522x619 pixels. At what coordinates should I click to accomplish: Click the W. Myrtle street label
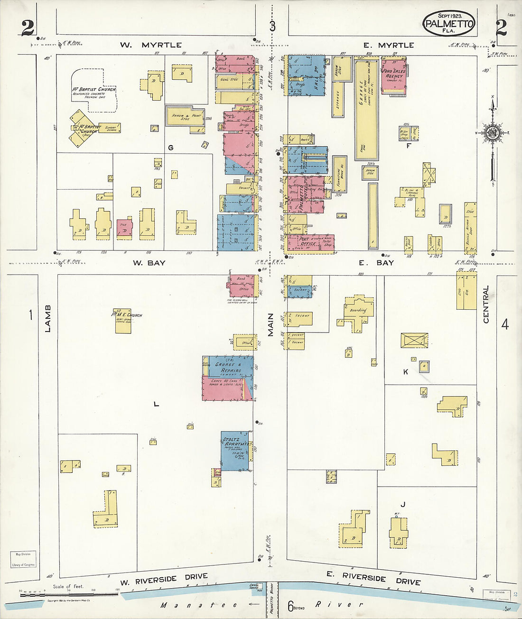pos(150,45)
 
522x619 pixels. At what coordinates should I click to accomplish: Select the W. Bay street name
pos(149,262)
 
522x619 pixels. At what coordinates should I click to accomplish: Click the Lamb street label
pos(48,318)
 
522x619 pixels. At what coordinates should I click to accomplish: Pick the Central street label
pos(486,305)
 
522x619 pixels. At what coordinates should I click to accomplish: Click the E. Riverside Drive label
pos(373,578)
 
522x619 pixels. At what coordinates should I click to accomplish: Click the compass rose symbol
pos(492,132)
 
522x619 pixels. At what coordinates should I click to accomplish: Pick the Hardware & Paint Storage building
pos(186,116)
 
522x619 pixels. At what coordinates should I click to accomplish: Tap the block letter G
pos(170,148)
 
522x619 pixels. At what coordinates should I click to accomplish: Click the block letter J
pos(402,504)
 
